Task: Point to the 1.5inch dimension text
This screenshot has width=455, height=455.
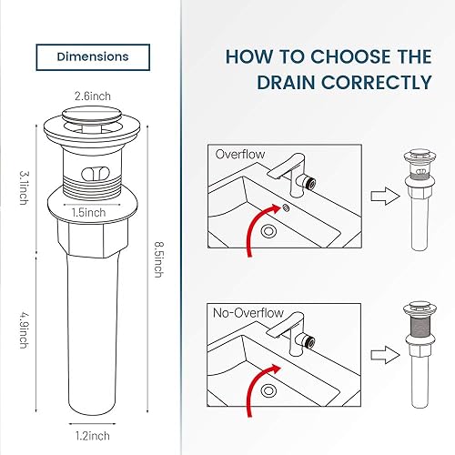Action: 88,212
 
